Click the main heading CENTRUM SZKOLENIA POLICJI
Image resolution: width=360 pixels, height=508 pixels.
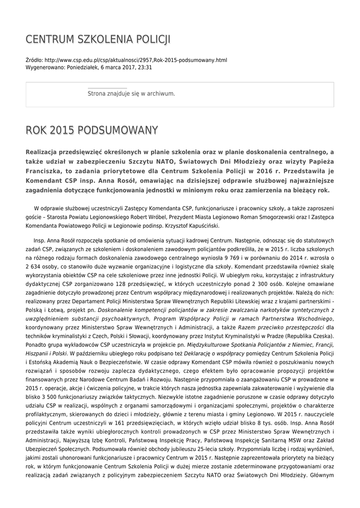pyautogui.click(x=98, y=39)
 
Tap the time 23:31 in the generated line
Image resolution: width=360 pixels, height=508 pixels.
pyautogui.click(x=144, y=67)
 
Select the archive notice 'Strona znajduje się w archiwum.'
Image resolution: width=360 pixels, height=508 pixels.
pyautogui.click(x=131, y=93)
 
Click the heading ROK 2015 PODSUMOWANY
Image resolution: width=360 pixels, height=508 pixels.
pyautogui.click(x=92, y=130)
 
